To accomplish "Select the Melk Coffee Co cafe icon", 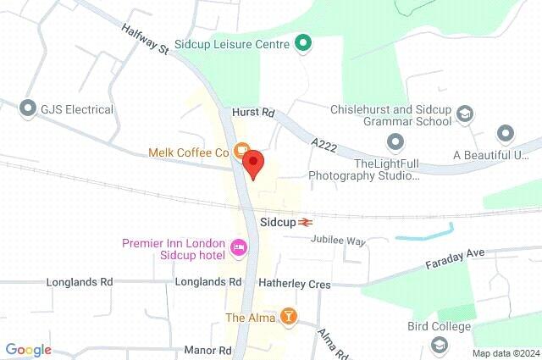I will pyautogui.click(x=241, y=152).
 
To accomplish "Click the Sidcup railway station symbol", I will pyautogui.click(x=306, y=221).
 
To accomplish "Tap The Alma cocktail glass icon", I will pyautogui.click(x=289, y=317).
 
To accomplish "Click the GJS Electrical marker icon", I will pyautogui.click(x=28, y=108).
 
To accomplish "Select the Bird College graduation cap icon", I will pyautogui.click(x=439, y=344).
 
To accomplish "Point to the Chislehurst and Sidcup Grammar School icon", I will pyautogui.click(x=464, y=114).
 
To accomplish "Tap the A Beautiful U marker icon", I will pyautogui.click(x=506, y=134).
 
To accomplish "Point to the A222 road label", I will pyautogui.click(x=324, y=147).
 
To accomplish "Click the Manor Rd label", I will pyautogui.click(x=207, y=349).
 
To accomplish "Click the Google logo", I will pyautogui.click(x=29, y=349).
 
